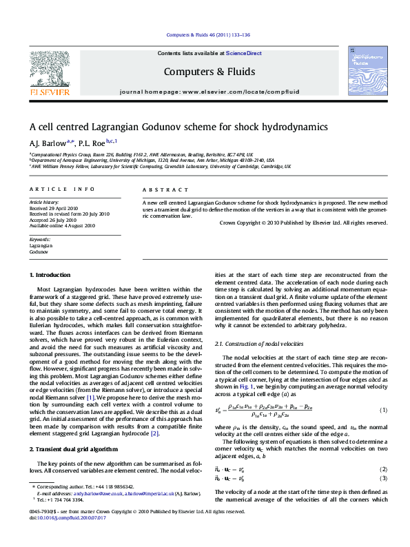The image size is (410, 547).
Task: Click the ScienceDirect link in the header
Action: [244, 53]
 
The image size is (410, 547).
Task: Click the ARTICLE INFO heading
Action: [62, 188]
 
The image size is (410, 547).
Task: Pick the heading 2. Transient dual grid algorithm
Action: [72, 429]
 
